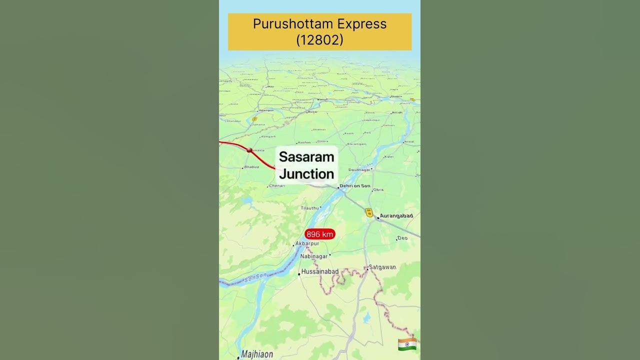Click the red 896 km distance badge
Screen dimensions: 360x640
click(319, 234)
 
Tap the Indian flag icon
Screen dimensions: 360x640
click(407, 344)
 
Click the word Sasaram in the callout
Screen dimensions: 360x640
click(306, 156)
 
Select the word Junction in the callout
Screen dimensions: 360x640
click(306, 174)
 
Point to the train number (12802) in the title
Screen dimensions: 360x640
click(319, 40)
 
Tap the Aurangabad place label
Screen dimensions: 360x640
click(396, 216)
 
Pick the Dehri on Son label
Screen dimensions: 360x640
click(355, 186)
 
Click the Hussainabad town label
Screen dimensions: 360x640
click(319, 271)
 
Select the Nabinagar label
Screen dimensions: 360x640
click(313, 256)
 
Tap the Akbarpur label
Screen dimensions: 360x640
click(307, 243)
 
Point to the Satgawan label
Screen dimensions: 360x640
click(382, 267)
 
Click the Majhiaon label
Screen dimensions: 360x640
click(257, 354)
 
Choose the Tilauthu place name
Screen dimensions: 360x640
click(309, 208)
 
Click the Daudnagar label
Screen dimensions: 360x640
click(359, 170)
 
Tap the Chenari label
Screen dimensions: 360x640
click(277, 186)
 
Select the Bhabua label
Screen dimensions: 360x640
click(251, 167)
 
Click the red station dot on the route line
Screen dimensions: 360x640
click(249, 150)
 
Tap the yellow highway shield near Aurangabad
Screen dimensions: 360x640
click(369, 212)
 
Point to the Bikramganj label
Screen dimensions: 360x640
click(356, 144)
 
